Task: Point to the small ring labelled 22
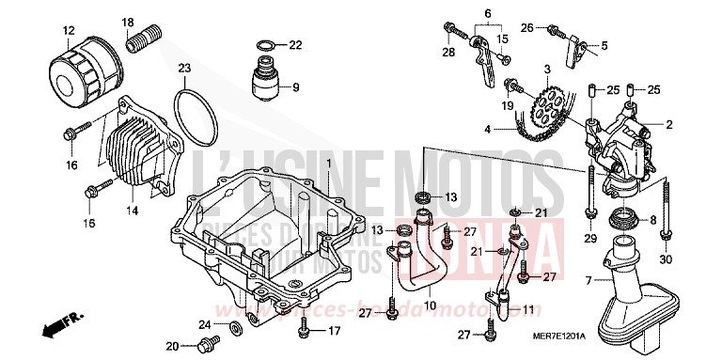[266, 45]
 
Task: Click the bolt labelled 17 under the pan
[303, 329]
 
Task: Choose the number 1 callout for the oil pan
[329, 164]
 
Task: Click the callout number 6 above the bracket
[488, 13]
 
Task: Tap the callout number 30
[666, 260]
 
